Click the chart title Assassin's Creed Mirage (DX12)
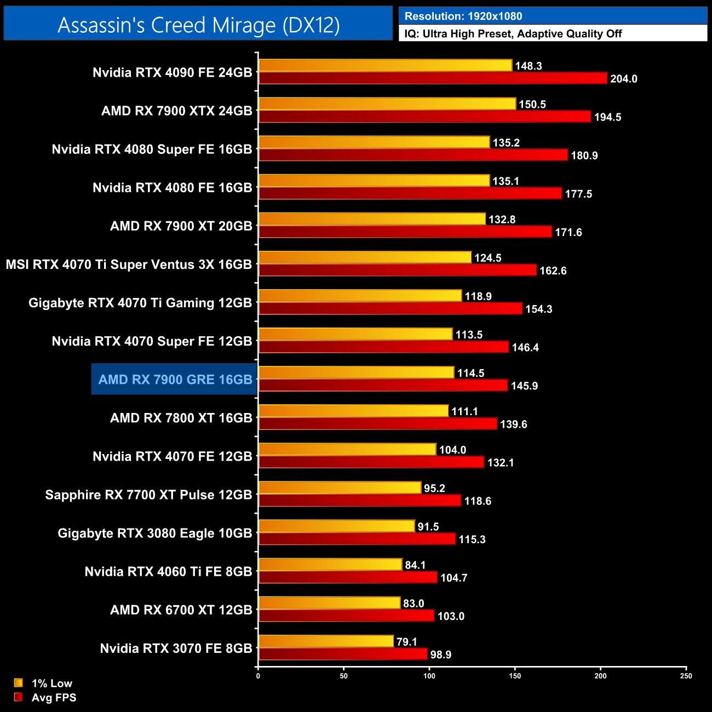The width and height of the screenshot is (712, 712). click(198, 25)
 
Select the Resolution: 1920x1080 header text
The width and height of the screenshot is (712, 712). click(463, 16)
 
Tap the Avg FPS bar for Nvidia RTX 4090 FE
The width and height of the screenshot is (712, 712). click(433, 78)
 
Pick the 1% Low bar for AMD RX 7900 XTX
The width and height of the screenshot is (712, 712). click(387, 104)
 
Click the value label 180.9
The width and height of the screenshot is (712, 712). click(584, 156)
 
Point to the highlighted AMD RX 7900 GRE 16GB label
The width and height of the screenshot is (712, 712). click(175, 380)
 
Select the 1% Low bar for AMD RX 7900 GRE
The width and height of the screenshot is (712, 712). click(356, 372)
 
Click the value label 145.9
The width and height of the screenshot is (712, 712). click(524, 386)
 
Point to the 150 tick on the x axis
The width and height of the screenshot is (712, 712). click(515, 675)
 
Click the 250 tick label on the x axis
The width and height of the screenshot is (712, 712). click(686, 676)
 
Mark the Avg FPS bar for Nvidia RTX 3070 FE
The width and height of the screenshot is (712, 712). click(343, 654)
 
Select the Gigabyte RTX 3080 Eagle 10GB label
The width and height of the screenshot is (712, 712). click(155, 533)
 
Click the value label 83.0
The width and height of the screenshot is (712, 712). click(414, 604)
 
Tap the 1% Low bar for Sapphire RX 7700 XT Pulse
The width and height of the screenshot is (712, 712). click(340, 487)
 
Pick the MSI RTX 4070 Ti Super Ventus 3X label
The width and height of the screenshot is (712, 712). click(129, 265)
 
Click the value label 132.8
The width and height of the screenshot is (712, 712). click(502, 220)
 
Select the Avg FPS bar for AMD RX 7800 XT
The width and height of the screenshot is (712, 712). click(378, 424)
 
